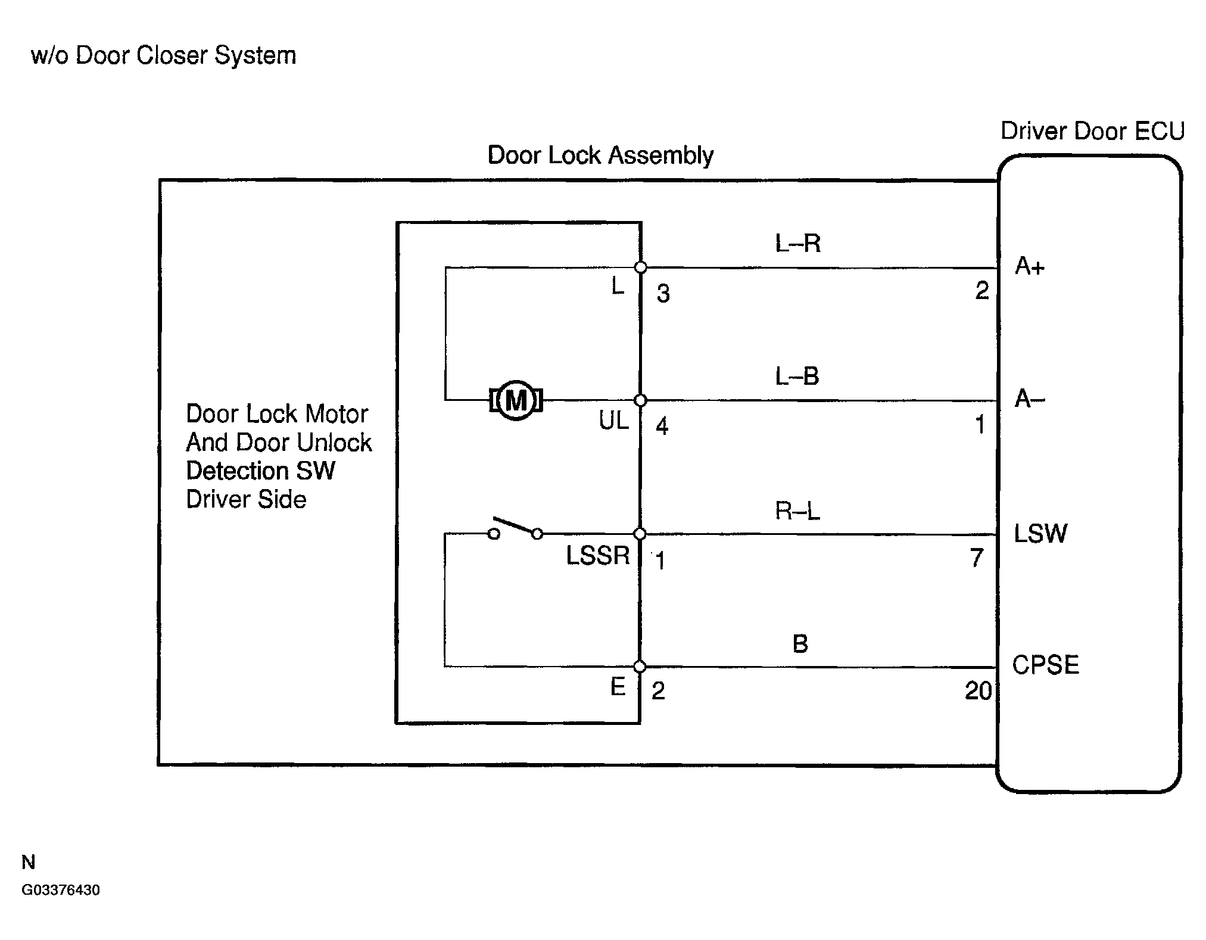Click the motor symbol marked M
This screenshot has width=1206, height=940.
coord(516,400)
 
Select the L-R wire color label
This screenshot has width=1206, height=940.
coord(797,243)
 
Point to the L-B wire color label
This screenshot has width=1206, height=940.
coord(797,376)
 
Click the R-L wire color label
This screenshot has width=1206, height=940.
coord(797,511)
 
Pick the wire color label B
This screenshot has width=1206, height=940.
coord(800,643)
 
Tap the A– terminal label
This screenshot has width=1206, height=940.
coord(1030,399)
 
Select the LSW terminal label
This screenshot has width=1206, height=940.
coord(1040,533)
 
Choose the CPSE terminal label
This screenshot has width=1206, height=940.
coord(1046,665)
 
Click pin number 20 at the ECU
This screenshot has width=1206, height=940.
coord(978,691)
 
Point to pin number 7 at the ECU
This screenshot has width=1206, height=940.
coord(977,558)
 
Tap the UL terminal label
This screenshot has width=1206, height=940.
coord(614,421)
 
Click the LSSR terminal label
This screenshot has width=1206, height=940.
coord(598,555)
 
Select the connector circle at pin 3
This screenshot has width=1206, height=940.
coord(641,267)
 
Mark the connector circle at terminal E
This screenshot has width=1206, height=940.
coord(640,667)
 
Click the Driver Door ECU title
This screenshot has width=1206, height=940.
coord(1092,131)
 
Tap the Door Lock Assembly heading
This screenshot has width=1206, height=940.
coord(600,155)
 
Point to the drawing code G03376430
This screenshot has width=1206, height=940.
coord(61,890)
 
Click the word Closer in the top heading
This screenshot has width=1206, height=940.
coord(173,55)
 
